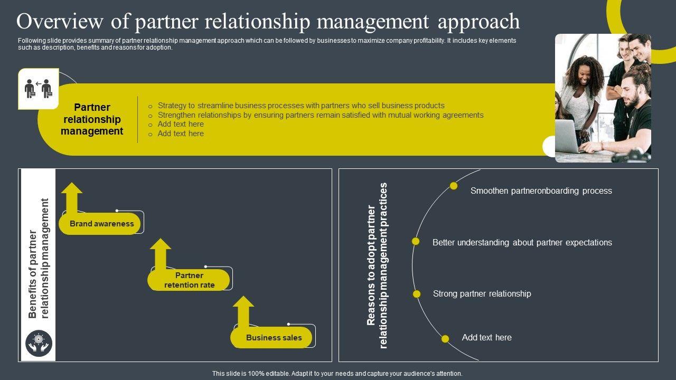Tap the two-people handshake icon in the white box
coord(38,89)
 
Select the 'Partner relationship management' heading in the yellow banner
coord(92,120)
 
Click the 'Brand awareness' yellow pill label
coord(101,224)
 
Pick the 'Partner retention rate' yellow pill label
coord(189,280)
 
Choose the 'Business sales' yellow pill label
coord(274,338)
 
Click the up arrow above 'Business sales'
coord(243,311)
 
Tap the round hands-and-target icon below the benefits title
coord(39,343)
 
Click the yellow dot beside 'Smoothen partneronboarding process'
coord(454,186)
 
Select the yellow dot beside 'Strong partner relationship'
coord(417,294)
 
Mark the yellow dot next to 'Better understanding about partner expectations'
coord(416,241)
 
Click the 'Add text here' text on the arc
coord(486,338)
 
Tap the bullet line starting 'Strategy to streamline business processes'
coord(301,106)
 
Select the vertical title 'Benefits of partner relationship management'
coord(39,259)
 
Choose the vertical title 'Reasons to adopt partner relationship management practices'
coord(377,265)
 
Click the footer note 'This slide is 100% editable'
coord(337,374)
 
